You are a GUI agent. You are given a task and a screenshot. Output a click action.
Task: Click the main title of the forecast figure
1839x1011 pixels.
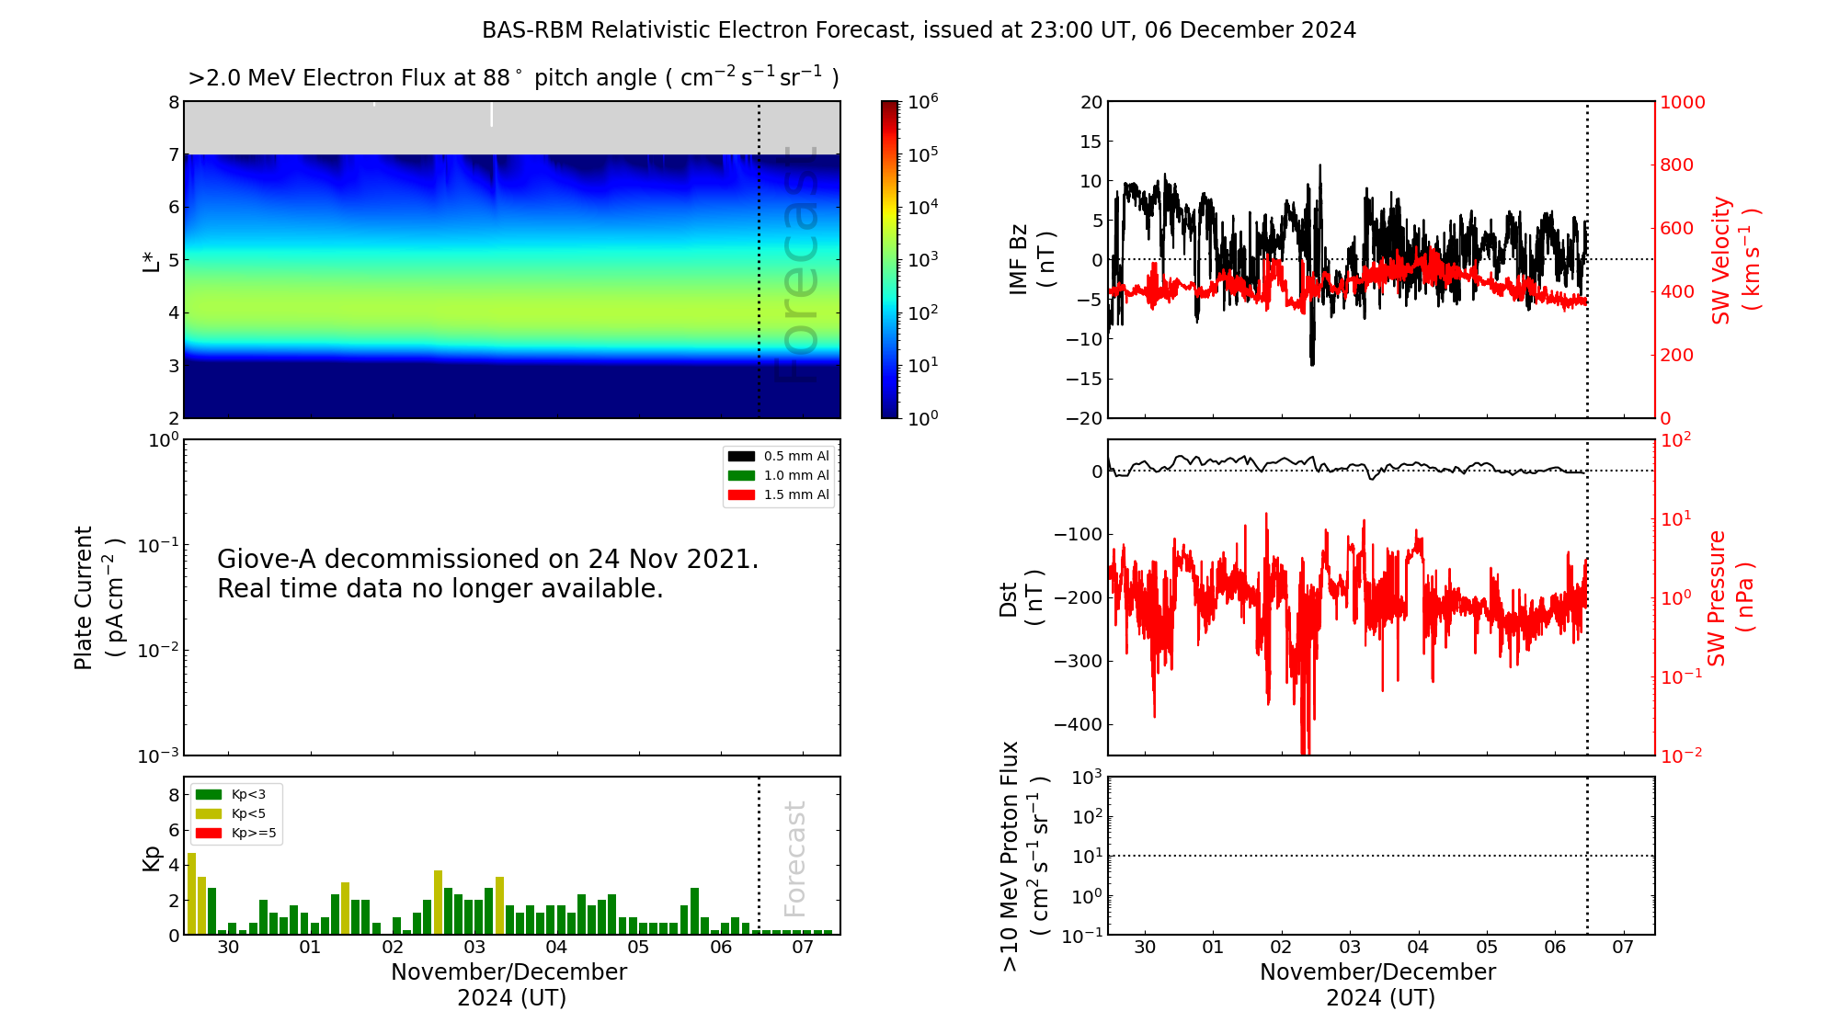(x=919, y=30)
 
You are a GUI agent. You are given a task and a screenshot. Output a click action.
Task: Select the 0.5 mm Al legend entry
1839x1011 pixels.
(x=778, y=456)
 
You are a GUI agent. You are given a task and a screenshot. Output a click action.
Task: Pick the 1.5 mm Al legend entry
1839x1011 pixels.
(x=778, y=494)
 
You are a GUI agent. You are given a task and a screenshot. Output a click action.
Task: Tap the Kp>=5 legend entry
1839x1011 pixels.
(x=235, y=834)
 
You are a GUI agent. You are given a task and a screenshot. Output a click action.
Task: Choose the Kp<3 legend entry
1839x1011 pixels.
(x=231, y=794)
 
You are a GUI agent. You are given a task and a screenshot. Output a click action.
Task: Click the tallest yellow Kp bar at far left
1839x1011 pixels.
(x=191, y=893)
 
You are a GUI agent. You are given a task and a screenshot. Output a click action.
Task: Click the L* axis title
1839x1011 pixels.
(x=151, y=260)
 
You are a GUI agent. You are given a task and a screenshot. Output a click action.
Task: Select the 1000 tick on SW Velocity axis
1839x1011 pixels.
(x=1682, y=102)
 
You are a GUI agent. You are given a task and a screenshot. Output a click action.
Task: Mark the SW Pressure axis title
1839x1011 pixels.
(x=1730, y=597)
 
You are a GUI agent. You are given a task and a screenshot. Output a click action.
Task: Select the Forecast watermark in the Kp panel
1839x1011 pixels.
(x=794, y=858)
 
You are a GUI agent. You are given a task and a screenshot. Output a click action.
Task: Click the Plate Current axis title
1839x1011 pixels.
(x=97, y=597)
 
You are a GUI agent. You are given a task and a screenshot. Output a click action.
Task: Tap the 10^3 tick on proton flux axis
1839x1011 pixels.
(x=1088, y=778)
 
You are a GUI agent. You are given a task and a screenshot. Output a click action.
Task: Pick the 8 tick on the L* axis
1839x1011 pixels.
(x=173, y=102)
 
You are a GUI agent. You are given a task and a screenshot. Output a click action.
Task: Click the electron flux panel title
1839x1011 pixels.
(x=513, y=77)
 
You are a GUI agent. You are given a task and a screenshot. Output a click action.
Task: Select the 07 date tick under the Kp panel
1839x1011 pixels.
(x=803, y=947)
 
